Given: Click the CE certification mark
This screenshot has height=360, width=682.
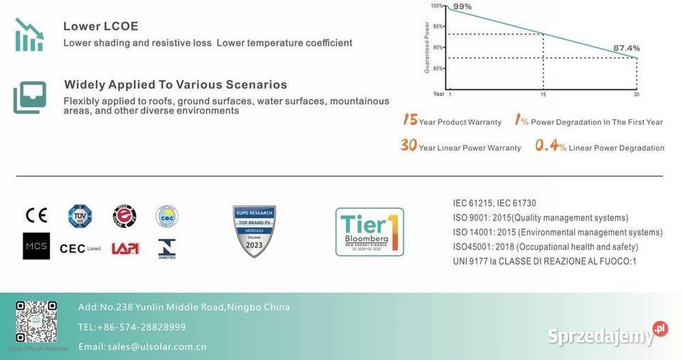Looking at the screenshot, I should (36, 215).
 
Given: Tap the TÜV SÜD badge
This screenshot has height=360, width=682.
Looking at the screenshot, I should (80, 216).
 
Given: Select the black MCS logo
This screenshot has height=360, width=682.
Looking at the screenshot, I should (36, 246).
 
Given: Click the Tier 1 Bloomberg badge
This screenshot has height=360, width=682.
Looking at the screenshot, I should (369, 231).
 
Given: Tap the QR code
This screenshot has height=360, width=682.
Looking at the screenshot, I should (36, 322).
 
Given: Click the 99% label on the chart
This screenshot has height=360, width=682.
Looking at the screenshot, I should (462, 6).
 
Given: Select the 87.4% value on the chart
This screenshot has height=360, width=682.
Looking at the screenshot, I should (627, 48).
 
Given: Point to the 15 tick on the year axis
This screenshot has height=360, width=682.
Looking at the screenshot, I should (543, 94).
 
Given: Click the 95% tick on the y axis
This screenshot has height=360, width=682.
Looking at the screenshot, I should (437, 26).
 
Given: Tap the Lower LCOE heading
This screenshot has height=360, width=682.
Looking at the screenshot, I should (101, 26).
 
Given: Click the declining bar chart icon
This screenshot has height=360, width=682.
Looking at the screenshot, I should (29, 34).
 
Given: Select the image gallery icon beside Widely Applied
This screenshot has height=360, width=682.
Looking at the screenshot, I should (30, 97).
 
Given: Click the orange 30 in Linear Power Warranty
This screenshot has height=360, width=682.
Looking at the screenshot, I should (408, 146).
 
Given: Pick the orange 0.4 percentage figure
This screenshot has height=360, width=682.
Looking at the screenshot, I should (546, 146).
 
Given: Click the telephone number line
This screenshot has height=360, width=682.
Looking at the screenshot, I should (132, 327).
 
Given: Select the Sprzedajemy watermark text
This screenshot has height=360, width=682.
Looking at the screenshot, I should (600, 335).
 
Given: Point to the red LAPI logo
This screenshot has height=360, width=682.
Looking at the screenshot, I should (125, 248).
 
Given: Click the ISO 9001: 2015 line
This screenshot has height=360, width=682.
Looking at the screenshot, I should (540, 218).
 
